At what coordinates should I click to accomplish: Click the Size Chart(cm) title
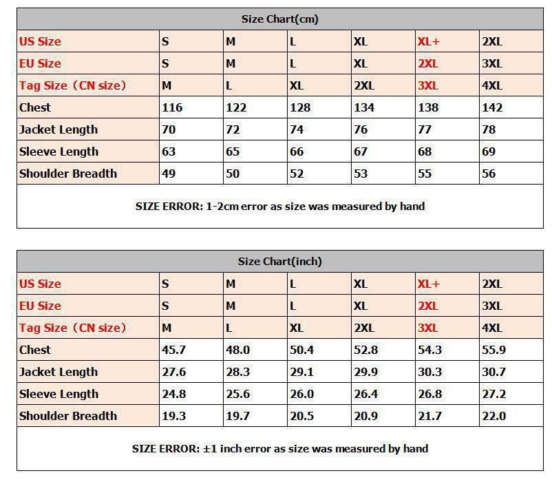point(279,19)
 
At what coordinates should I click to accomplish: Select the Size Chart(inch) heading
point(279,262)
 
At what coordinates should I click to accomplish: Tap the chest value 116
point(172,107)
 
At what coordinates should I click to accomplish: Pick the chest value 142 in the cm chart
point(492,107)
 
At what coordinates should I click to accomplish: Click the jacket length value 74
point(297,129)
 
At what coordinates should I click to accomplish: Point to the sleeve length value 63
point(169,151)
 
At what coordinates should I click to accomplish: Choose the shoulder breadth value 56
point(489,174)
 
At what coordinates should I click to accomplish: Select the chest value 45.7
point(173,350)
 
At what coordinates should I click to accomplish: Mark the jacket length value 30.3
point(429,372)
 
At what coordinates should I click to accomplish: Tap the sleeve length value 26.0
point(301,394)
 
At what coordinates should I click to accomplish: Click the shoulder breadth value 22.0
point(493,416)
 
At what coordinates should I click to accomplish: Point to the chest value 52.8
point(365,350)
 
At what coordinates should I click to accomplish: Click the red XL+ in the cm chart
point(428,41)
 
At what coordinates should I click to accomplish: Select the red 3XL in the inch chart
point(427,328)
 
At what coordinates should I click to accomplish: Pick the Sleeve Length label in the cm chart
point(59,151)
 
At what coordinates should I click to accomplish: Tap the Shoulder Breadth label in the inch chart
point(68,416)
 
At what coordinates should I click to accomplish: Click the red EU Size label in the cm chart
point(40,63)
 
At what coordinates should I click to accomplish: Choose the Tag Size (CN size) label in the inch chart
point(73,328)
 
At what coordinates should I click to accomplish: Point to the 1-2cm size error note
point(279,207)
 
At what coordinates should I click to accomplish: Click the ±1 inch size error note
point(279,449)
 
